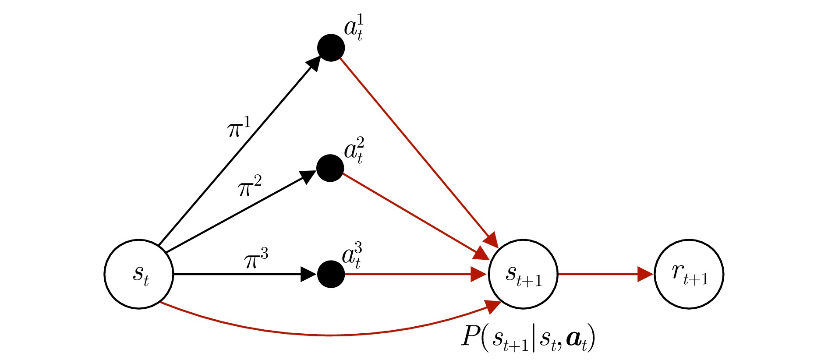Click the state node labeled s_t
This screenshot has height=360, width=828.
click(139, 274)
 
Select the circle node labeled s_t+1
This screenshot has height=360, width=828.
click(523, 274)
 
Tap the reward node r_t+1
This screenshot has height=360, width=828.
click(689, 274)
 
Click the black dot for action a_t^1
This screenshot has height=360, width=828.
click(331, 47)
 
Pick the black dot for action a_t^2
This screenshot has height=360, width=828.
click(330, 168)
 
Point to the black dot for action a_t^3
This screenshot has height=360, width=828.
click(331, 274)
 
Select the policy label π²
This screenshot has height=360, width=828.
click(250, 186)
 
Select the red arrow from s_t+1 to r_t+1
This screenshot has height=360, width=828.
click(605, 274)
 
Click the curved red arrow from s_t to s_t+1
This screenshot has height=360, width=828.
click(329, 335)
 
